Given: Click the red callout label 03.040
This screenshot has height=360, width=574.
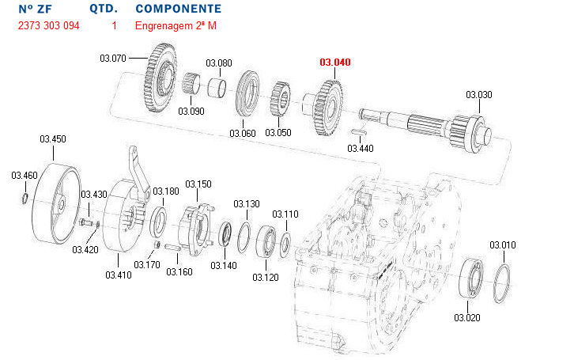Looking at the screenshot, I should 334,62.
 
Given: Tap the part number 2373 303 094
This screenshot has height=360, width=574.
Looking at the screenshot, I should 48,26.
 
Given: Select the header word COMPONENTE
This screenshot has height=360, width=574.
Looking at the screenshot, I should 179,9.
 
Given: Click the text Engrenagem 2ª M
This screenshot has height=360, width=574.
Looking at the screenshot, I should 176,26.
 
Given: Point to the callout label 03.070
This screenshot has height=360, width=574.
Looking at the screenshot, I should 113,58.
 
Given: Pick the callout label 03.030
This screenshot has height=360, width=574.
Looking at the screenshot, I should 479,95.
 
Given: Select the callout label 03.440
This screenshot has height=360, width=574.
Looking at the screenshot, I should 361,148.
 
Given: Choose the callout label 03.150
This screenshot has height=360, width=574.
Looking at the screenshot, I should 198,184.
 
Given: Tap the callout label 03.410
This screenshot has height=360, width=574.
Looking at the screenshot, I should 118,275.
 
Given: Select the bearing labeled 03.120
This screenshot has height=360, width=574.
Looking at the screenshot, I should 266,241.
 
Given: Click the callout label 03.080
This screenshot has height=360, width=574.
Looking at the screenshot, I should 219,63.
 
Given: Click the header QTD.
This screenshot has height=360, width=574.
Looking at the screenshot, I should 104,9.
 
